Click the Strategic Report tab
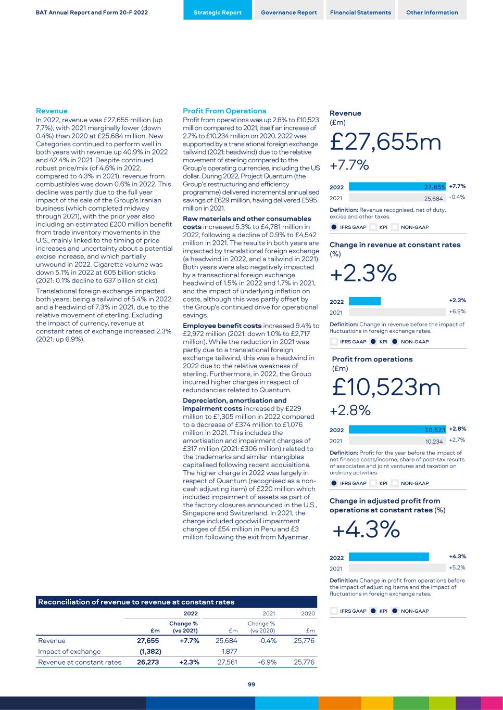click(x=217, y=12)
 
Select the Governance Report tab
click(x=288, y=12)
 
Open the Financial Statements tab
click(x=360, y=12)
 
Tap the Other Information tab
click(x=432, y=12)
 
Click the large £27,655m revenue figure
click(x=385, y=142)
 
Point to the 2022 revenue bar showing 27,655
click(x=397, y=187)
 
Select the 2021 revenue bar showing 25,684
click(x=397, y=198)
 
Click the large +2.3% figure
click(x=363, y=273)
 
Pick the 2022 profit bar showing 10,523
click(x=397, y=430)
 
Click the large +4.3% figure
click(x=366, y=530)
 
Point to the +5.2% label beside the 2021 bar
click(x=457, y=567)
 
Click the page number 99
click(x=251, y=685)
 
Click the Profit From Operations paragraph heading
click(x=224, y=111)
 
